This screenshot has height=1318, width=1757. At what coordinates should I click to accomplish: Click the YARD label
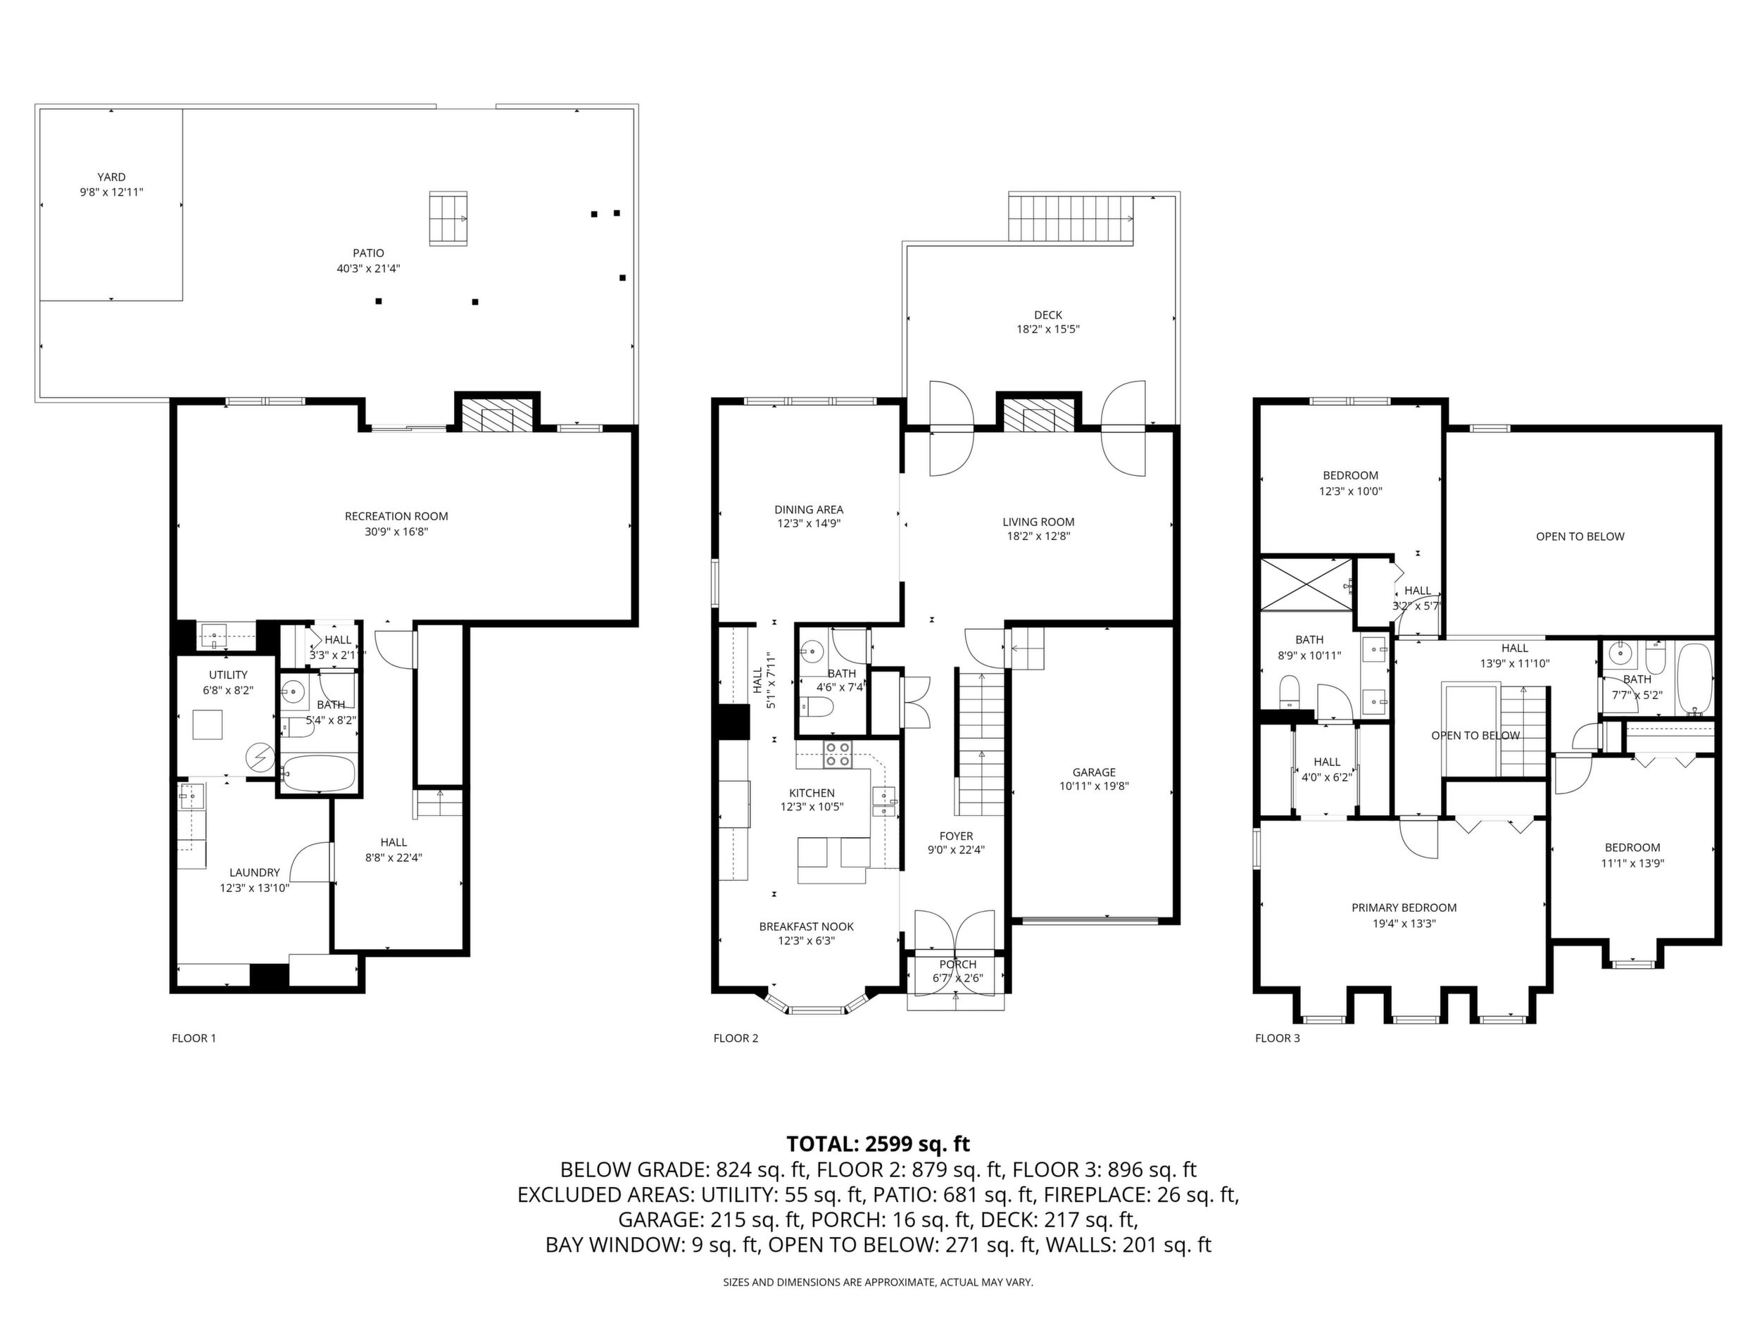click(111, 177)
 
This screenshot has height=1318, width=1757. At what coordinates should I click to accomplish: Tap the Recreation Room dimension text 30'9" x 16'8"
click(396, 532)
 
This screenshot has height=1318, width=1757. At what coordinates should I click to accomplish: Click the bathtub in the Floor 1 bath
click(317, 772)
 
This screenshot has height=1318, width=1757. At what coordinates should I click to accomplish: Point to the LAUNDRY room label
click(254, 872)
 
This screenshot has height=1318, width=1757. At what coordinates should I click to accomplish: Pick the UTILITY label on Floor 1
click(228, 674)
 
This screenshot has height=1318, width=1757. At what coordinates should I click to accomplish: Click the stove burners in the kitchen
click(837, 754)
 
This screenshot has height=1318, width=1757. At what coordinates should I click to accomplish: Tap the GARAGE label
click(1094, 772)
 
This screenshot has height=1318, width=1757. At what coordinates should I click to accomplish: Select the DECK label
click(1047, 315)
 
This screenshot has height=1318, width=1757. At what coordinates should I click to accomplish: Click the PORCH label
click(957, 964)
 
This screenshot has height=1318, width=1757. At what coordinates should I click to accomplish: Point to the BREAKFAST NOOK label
click(806, 927)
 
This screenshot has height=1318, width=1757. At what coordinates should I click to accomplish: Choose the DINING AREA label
click(809, 509)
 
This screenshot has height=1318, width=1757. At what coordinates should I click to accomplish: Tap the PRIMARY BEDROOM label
click(1404, 908)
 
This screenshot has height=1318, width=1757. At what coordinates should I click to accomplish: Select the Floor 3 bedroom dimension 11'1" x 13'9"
click(1632, 862)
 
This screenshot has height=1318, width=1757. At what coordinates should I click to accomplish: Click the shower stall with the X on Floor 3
click(1306, 584)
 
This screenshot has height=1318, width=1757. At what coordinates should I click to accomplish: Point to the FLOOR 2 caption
click(736, 1038)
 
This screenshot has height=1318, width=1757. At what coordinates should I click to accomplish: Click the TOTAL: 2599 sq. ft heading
click(878, 1144)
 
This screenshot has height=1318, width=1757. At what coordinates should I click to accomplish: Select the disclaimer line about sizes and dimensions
click(878, 1282)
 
